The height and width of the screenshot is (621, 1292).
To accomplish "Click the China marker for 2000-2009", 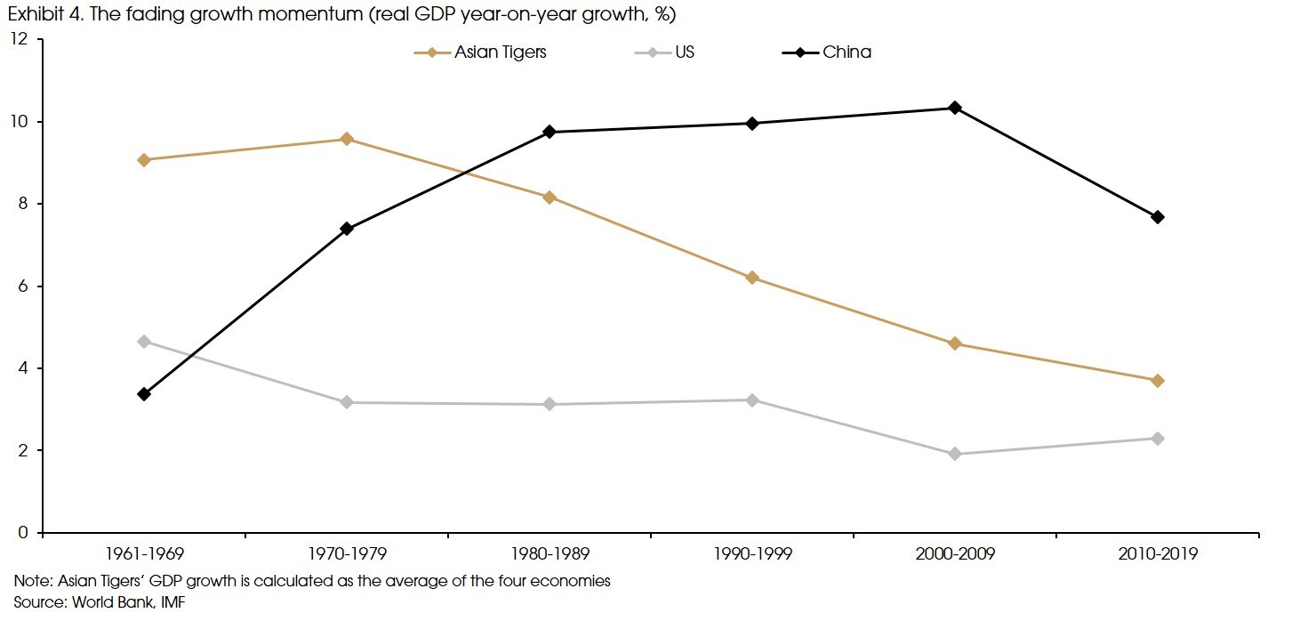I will point(955,108).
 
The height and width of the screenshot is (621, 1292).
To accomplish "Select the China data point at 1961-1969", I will point(144,394).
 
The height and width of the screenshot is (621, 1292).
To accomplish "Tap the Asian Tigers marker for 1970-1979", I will point(347,139).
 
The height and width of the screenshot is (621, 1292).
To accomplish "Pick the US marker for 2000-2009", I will point(955,454).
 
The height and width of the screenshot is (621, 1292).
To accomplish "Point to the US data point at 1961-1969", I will point(144,342).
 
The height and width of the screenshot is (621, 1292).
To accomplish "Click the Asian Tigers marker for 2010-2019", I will point(1158,381).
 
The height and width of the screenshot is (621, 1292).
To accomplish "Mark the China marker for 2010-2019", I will point(1158,217).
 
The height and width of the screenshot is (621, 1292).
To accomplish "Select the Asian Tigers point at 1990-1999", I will point(752,278).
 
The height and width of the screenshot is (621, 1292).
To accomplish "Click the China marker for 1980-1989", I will point(550,132).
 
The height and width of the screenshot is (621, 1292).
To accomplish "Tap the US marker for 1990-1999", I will point(752,400).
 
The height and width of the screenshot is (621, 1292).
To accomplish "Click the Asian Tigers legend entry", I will point(480,52).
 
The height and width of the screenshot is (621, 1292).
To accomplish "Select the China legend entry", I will point(827,52).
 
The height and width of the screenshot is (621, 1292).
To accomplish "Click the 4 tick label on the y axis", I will point(25,368).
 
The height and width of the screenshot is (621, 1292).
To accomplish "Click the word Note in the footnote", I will point(31,582).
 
